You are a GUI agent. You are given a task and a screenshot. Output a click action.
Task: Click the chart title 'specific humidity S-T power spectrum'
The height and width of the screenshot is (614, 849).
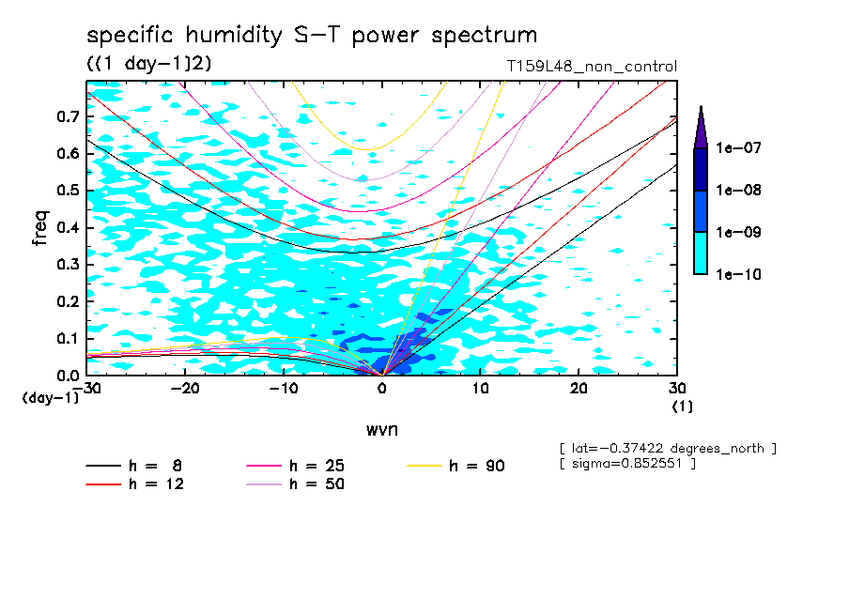312,36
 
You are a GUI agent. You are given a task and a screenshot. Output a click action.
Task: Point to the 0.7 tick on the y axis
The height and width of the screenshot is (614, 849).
67,117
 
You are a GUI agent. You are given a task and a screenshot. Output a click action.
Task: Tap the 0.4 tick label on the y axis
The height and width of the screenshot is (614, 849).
67,228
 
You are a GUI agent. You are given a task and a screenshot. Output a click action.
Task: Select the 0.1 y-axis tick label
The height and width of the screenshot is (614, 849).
67,339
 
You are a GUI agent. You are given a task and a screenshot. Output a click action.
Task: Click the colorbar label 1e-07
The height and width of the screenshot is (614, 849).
737,148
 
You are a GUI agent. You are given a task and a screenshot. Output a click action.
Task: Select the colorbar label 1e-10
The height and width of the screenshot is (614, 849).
737,275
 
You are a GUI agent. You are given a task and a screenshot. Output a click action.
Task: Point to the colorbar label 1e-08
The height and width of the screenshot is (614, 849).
737,191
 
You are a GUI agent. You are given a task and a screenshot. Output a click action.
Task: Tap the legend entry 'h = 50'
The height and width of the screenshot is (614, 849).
316,484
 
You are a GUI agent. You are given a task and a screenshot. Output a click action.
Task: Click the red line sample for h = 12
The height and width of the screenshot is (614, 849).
103,484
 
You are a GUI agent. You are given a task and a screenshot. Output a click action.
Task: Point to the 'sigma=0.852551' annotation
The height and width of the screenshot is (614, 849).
626,464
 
